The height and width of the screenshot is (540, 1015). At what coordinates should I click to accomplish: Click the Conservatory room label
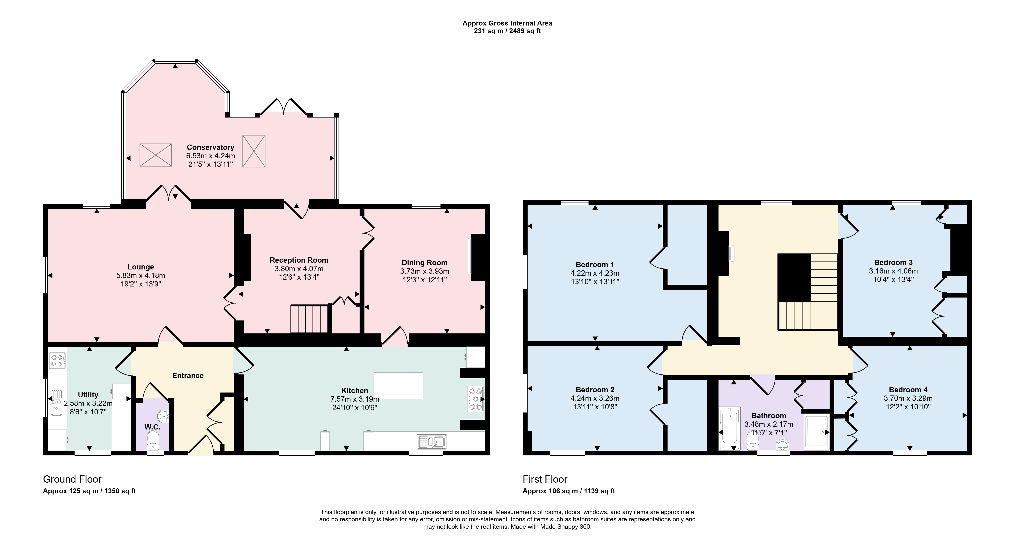pyautogui.click(x=210, y=147)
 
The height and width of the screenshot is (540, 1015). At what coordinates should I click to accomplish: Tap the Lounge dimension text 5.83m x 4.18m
pyautogui.click(x=141, y=275)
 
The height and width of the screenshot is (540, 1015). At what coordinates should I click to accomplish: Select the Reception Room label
pyautogui.click(x=299, y=260)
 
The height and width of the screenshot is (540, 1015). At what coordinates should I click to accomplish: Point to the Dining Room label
pyautogui.click(x=424, y=262)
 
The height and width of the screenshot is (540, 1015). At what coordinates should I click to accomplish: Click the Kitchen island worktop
pyautogui.click(x=398, y=386)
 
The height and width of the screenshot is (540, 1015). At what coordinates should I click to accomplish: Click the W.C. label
pyautogui.click(x=152, y=427)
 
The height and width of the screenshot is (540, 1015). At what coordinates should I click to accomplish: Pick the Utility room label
pyautogui.click(x=88, y=395)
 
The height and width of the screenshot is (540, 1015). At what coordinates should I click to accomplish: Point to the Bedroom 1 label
pyautogui.click(x=594, y=265)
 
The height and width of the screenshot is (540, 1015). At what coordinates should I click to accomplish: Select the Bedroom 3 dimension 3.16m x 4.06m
pyautogui.click(x=893, y=271)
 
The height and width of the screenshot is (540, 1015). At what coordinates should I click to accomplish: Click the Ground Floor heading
pyautogui.click(x=72, y=479)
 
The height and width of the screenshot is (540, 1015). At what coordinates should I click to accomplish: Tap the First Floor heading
pyautogui.click(x=545, y=479)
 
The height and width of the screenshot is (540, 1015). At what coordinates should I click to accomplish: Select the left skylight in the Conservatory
pyautogui.click(x=156, y=155)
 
